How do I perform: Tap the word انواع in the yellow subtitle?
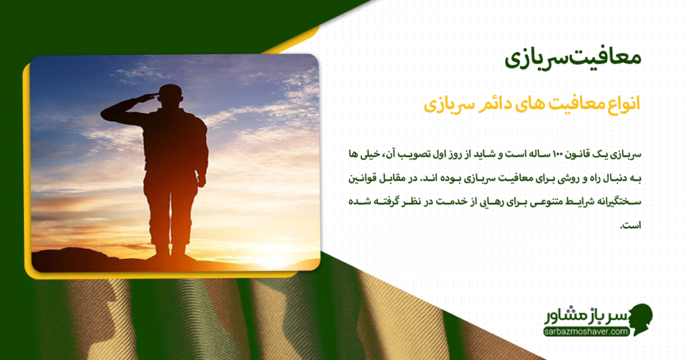[x=621, y=104]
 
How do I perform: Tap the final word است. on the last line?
[x=631, y=226]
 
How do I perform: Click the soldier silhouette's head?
[x=171, y=94]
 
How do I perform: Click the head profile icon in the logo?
[x=640, y=319]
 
